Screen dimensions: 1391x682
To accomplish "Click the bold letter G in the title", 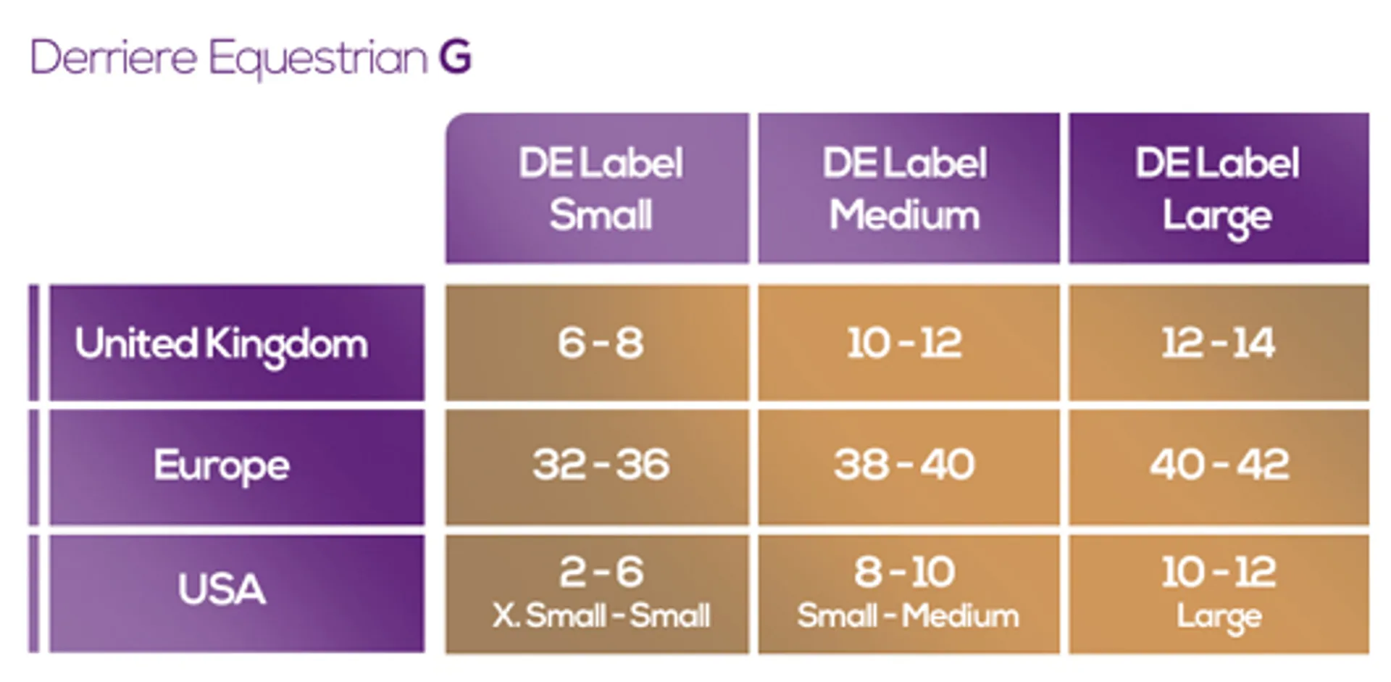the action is coord(455,57).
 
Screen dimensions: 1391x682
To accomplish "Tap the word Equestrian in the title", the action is coord(318,59).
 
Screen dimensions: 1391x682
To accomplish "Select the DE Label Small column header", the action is coord(597,188).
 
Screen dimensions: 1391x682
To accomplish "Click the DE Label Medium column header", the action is coord(908,188).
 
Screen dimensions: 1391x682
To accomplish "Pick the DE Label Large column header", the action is coord(1219,188).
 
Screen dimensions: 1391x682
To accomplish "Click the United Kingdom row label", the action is coord(237,342).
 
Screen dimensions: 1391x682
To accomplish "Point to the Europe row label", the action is coord(237,467).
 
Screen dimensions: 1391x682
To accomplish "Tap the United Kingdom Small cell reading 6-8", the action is coord(597,342).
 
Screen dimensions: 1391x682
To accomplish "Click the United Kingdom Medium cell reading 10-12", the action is coord(908,342).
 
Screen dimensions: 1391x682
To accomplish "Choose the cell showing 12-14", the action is coord(1219,342).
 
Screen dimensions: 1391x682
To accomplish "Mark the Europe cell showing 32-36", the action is coord(597,467).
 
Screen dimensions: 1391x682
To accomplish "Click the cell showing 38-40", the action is coord(908,467).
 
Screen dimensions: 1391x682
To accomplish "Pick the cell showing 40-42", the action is coord(1219,467).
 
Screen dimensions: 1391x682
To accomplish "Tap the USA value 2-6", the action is coord(601,572).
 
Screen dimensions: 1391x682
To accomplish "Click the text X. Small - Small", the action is coord(601,616).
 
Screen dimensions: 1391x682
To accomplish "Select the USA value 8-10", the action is coord(905,572).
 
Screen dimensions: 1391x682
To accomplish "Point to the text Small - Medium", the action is coord(908,616).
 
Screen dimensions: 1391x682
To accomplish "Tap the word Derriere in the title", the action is coord(114,57).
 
